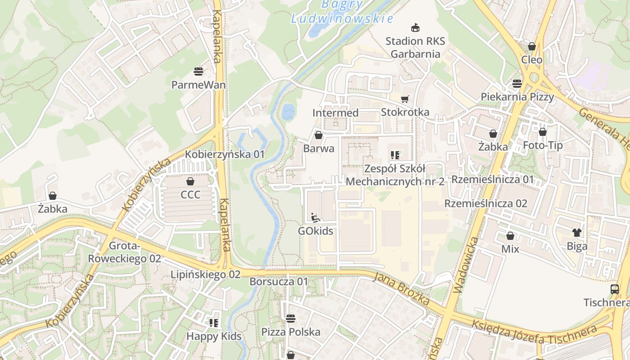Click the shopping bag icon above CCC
[x=190, y=181]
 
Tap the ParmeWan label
[x=198, y=85]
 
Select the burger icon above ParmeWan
[x=198, y=71]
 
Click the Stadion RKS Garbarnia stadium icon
[x=415, y=27]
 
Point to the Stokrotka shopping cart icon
[x=405, y=99]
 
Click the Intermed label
[x=335, y=113]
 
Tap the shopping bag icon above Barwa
[x=319, y=135]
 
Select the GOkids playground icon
[x=315, y=217]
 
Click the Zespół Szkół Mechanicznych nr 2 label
[x=395, y=175]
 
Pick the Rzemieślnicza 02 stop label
[x=486, y=203]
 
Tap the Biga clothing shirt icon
[x=577, y=233]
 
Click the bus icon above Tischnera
[x=615, y=289]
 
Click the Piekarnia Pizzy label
[x=517, y=97]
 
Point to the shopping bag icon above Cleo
[x=531, y=46]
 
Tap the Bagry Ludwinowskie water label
[x=342, y=12]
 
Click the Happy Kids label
[x=214, y=337]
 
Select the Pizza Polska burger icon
[x=291, y=318]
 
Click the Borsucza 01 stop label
[x=279, y=282]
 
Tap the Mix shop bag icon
[x=510, y=236]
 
